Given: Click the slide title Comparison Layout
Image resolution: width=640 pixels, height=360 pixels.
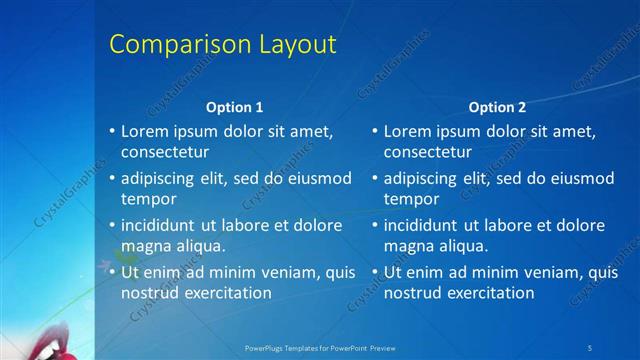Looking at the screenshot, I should [x=222, y=45].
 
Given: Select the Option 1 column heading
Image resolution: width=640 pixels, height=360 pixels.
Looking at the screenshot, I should [x=235, y=107].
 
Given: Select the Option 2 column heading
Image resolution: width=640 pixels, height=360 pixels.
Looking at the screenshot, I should [x=497, y=107].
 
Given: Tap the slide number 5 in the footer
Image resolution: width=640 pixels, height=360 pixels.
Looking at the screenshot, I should [x=590, y=347].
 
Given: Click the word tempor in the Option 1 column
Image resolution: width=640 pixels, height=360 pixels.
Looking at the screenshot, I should [x=147, y=199].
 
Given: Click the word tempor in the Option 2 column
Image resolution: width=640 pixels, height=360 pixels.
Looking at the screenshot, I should [x=410, y=199].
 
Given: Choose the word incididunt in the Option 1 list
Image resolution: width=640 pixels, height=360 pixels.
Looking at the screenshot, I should [x=159, y=225].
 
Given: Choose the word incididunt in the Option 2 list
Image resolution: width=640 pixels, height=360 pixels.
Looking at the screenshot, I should [x=422, y=225].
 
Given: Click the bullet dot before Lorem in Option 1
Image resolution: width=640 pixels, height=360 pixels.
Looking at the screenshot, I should [x=112, y=132].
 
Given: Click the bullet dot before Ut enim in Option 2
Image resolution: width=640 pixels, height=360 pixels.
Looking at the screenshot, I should [x=375, y=272].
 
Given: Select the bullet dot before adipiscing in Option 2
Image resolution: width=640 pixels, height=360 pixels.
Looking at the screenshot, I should [x=375, y=179].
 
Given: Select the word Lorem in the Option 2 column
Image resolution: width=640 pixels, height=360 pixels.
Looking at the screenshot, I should [x=406, y=131].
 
